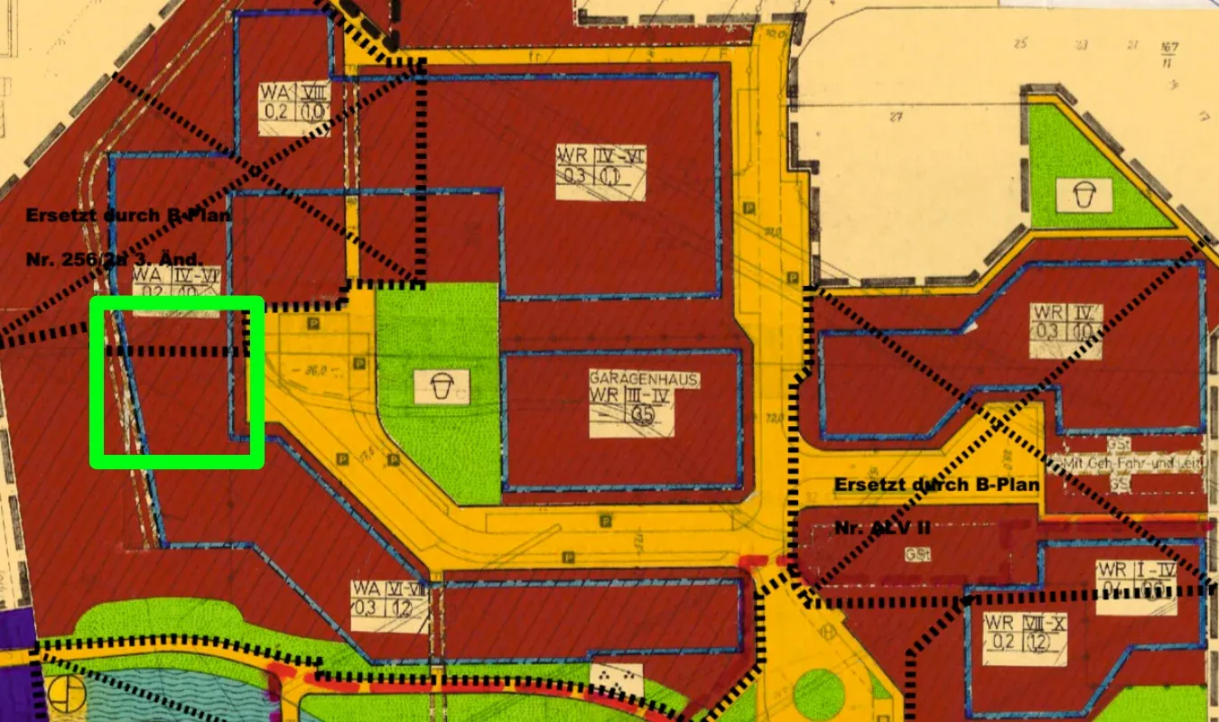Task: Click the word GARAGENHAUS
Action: coord(644,379)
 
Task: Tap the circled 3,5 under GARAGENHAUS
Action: coord(643,415)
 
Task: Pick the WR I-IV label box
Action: coord(1137,581)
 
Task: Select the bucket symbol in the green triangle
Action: coord(1084,193)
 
